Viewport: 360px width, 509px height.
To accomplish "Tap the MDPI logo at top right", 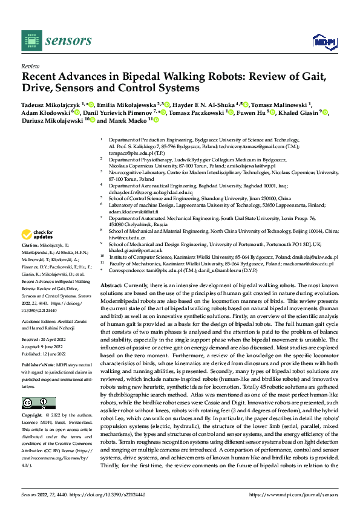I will click(323, 41).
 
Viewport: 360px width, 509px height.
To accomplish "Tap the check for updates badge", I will click(38, 235).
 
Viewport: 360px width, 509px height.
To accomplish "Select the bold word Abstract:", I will click(112, 285).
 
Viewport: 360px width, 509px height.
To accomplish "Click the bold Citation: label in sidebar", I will click(31, 249).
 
